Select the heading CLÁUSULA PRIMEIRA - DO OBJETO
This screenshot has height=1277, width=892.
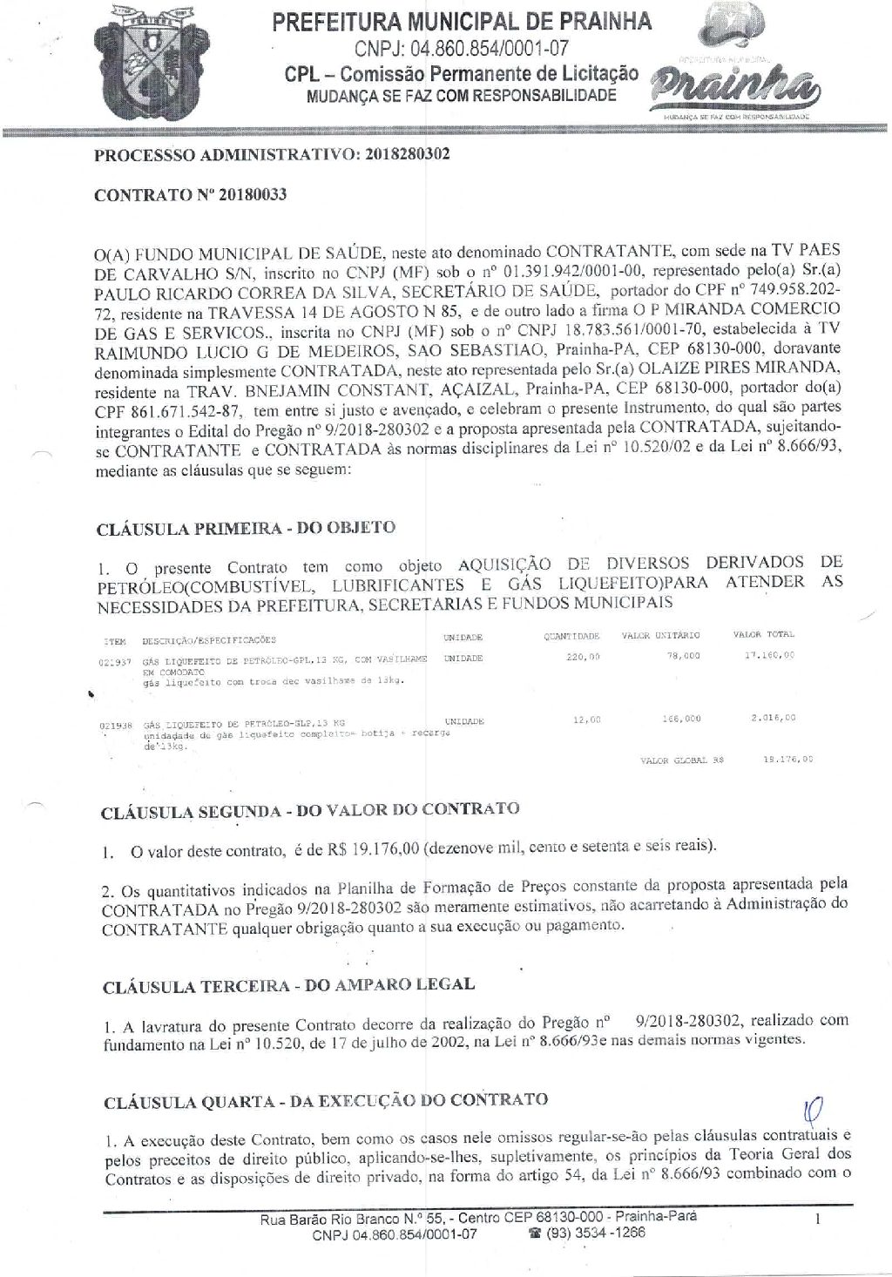point(246,528)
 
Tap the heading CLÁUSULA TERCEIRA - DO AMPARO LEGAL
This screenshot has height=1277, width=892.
point(288,986)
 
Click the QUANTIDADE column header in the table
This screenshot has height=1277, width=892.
point(571,637)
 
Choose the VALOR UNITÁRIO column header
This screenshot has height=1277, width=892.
point(660,636)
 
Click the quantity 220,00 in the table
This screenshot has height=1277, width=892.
point(583,657)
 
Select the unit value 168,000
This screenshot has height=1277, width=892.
point(681,720)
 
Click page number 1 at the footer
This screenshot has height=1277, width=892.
point(818,1221)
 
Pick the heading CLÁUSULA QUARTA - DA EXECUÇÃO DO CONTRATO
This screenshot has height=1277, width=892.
point(326,1101)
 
